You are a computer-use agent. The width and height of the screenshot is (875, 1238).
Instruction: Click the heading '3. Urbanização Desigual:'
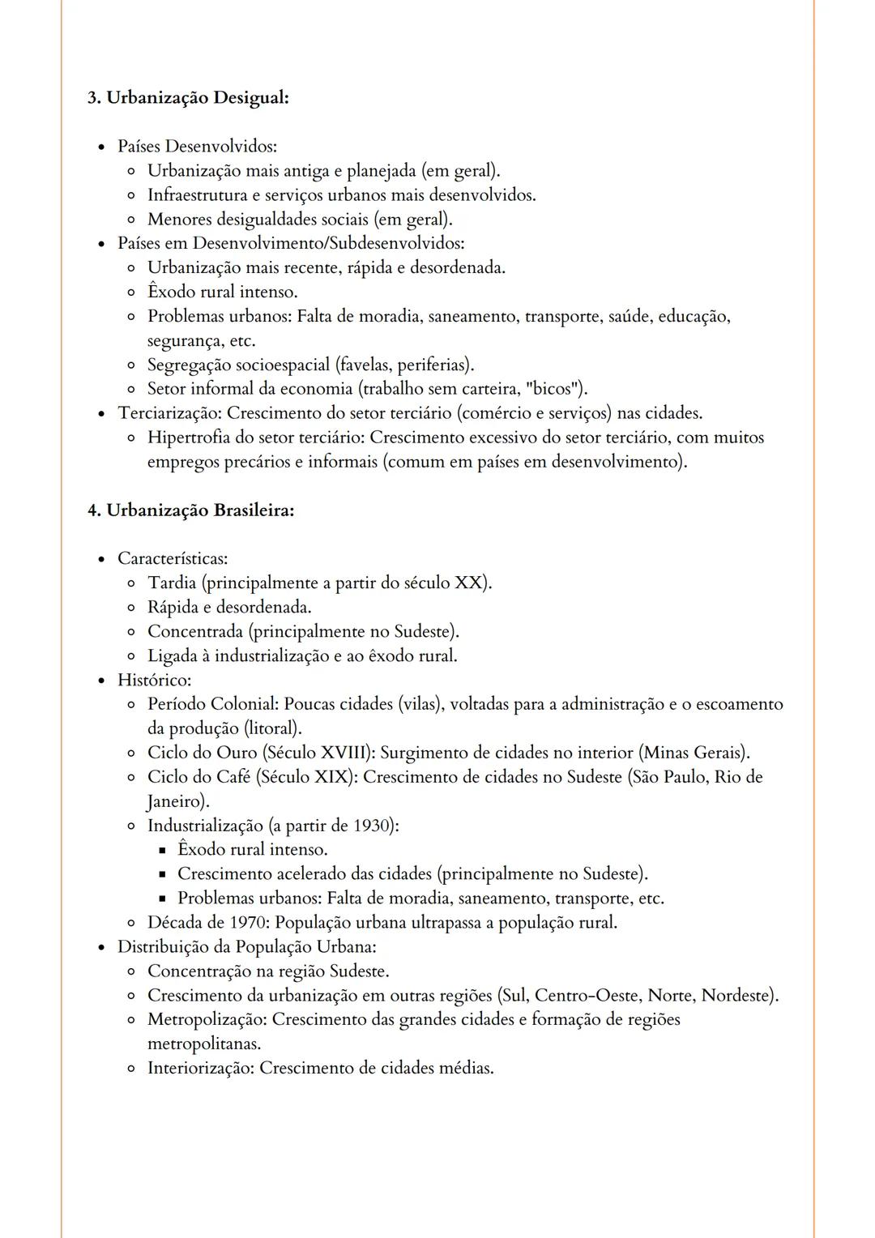click(188, 97)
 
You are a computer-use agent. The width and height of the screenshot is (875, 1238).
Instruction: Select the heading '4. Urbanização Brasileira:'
click(190, 510)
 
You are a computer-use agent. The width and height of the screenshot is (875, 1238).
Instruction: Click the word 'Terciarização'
click(169, 413)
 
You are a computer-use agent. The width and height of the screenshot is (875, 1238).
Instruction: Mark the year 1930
click(373, 826)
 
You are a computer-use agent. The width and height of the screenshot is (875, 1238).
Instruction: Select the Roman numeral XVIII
click(344, 753)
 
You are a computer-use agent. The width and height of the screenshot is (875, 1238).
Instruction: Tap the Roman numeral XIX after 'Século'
click(333, 777)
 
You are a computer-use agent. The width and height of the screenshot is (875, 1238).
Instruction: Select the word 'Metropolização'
click(207, 1019)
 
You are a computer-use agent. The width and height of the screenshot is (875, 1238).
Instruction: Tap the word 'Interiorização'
click(200, 1068)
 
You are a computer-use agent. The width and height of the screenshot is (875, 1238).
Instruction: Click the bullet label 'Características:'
click(173, 558)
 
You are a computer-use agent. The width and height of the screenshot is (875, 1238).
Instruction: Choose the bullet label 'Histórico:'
click(154, 680)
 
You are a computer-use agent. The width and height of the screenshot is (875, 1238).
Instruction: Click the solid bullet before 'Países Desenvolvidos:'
click(101, 147)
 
